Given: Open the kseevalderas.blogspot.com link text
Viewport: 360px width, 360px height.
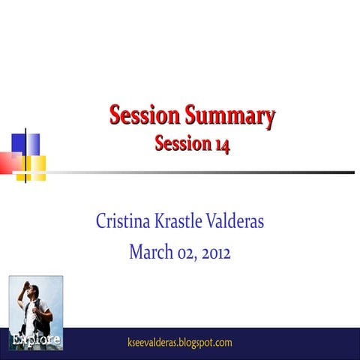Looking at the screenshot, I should point(181,343).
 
